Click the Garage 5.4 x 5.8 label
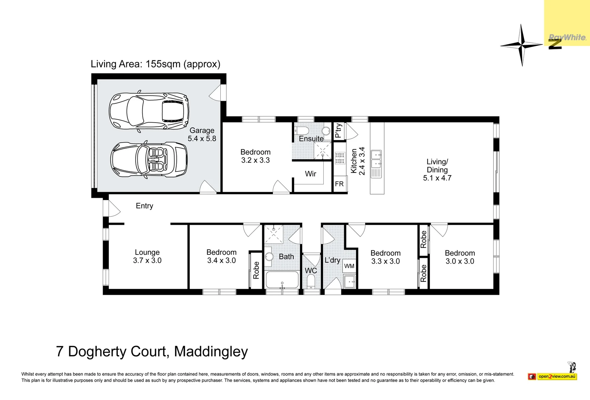tap(202, 134)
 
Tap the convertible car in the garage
tap(149, 160)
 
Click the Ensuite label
tap(311, 139)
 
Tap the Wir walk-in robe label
tap(310, 174)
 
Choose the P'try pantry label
tap(339, 131)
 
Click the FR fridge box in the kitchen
tap(340, 184)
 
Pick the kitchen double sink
tap(376, 159)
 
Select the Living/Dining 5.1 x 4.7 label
tap(437, 170)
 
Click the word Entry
tap(144, 206)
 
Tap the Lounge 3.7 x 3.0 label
tap(147, 257)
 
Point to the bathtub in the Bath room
tap(282, 280)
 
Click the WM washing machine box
tap(349, 266)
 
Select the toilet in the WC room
tap(311, 281)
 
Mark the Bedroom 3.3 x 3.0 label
tap(386, 257)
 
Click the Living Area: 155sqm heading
tap(156, 64)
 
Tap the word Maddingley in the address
tap(211, 351)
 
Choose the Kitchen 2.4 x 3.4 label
tap(358, 161)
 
